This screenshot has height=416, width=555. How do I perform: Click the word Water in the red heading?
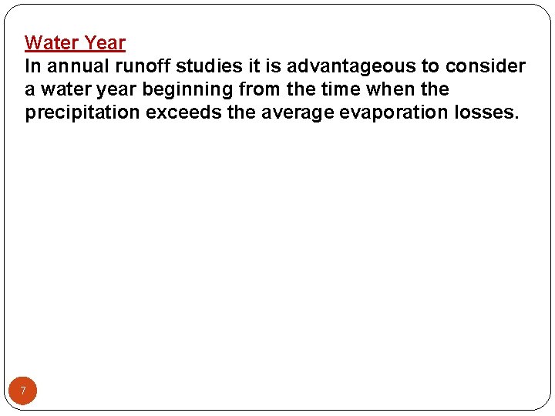pos(52,42)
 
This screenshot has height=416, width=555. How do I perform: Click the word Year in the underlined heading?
pos(104,42)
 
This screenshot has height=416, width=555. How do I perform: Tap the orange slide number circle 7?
pos(23,391)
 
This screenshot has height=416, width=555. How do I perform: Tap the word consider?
pos(486,66)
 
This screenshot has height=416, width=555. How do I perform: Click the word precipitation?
pos(82,112)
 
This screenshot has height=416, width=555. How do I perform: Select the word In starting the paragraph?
pos(32,66)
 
